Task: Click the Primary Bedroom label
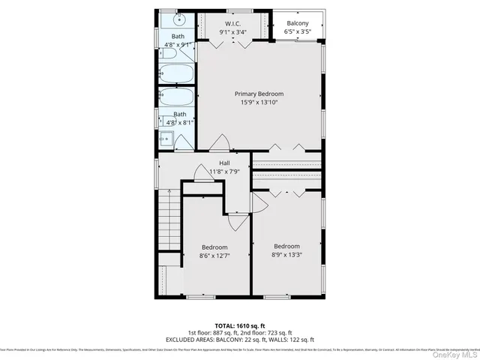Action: click(259, 94)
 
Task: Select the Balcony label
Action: click(296, 22)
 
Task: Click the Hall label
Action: click(224, 163)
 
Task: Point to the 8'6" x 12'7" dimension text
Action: click(214, 256)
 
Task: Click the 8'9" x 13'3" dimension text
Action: click(286, 255)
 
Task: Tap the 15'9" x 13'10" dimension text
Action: click(259, 103)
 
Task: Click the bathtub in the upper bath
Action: click(177, 73)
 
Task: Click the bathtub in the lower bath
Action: click(177, 98)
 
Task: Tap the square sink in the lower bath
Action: click(166, 138)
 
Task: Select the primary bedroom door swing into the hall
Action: click(220, 141)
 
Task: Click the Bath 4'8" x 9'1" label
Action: click(178, 40)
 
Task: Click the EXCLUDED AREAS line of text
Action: click(239, 340)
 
